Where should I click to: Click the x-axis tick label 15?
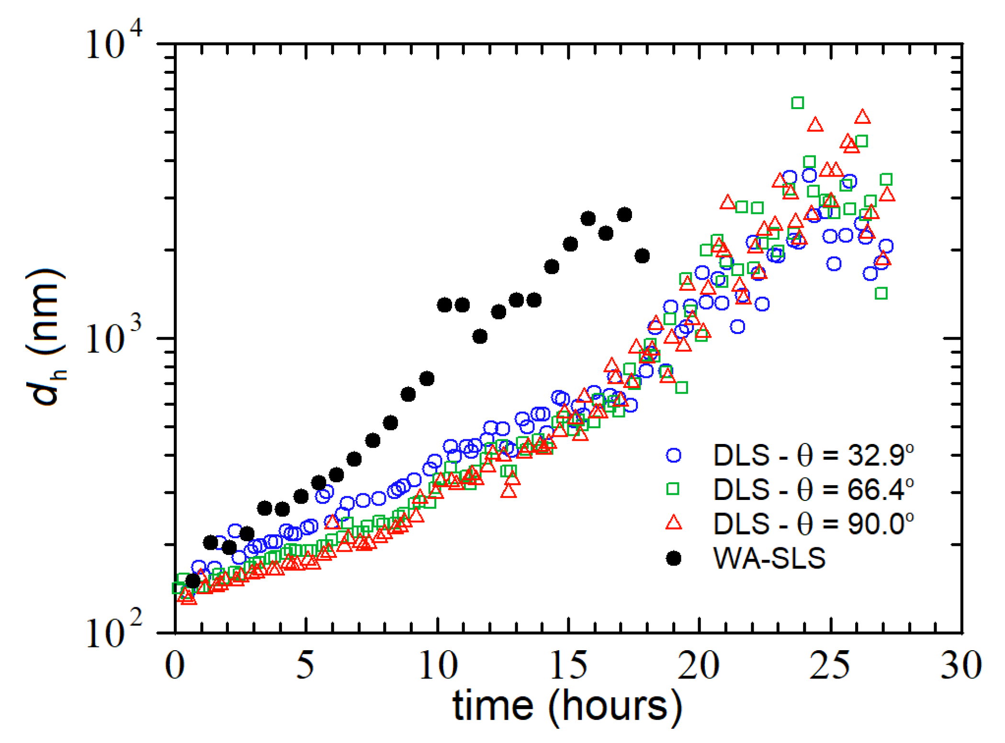tap(568, 665)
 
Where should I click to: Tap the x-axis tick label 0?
tap(175, 665)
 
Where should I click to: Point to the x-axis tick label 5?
tap(305, 665)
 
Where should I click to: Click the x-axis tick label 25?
tap(830, 665)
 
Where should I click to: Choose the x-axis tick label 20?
tap(699, 665)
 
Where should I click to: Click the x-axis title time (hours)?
tap(567, 706)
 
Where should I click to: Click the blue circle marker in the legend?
tap(673, 455)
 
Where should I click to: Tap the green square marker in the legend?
tap(673, 488)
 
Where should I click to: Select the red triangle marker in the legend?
tap(673, 522)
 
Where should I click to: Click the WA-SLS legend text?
tap(769, 558)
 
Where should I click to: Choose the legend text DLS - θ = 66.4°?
tap(813, 489)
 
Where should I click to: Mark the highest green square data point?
tap(797, 102)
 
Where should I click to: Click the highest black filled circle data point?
tap(624, 215)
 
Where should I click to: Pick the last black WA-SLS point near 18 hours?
tap(642, 256)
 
